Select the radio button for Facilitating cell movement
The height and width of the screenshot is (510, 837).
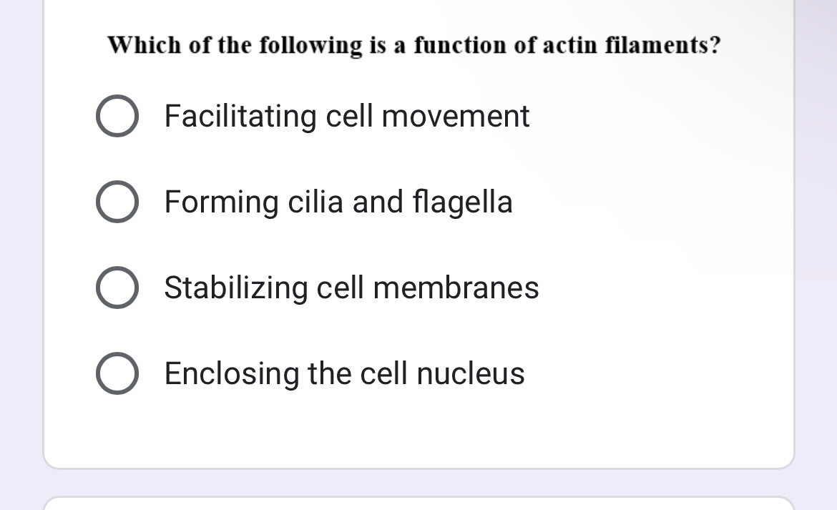click(x=117, y=116)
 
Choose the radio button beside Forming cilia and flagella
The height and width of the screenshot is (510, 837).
click(x=117, y=202)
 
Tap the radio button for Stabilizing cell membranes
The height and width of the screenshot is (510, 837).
click(x=117, y=288)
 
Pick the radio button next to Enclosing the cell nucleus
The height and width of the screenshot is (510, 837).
click(x=117, y=373)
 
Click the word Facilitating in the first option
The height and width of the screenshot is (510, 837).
click(x=240, y=116)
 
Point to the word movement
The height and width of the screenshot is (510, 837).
click(x=456, y=116)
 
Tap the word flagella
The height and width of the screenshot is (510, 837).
click(x=463, y=202)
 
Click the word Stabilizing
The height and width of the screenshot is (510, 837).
click(x=236, y=288)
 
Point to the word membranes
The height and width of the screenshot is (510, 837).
click(x=456, y=288)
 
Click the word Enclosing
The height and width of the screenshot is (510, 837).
click(x=232, y=373)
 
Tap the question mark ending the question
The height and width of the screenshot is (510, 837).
click(x=714, y=46)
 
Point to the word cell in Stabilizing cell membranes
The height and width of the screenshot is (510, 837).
click(x=341, y=288)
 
